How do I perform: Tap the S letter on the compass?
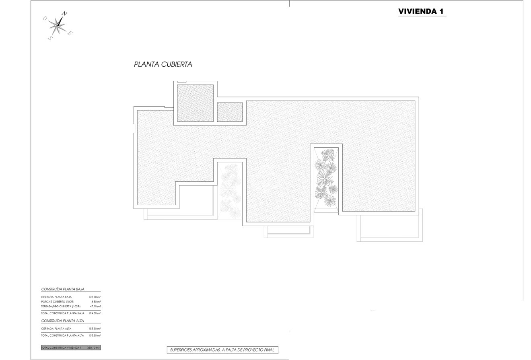point(50,38)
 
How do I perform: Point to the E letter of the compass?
point(70,33)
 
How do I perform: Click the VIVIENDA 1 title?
point(421,11)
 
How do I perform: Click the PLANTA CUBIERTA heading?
point(163,64)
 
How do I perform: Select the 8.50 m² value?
point(96,302)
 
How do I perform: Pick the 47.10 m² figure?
point(95,306)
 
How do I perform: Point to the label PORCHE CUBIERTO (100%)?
point(58,302)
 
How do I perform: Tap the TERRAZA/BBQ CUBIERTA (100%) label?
point(61,306)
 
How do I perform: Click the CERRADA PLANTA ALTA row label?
point(56,329)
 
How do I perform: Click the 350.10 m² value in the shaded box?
point(93,348)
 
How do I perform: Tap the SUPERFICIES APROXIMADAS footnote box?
point(222,350)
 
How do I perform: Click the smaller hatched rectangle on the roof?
point(230,112)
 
